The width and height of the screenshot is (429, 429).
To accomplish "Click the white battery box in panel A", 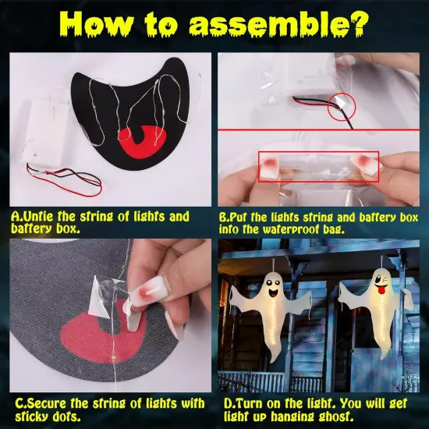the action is [x=48, y=133].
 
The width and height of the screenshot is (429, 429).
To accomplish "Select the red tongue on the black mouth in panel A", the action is [x=142, y=143].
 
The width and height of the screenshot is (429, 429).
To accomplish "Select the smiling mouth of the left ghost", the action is [x=273, y=293].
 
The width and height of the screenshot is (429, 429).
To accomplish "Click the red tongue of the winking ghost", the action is [x=381, y=290].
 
